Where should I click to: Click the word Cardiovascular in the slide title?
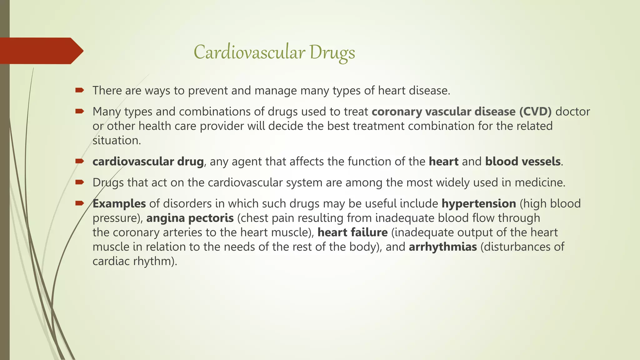tap(249, 52)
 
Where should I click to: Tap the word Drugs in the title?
tap(332, 53)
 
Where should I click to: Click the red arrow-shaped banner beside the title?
tap(41, 51)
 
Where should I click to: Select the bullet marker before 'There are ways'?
tap(80, 90)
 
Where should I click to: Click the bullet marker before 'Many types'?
tap(80, 111)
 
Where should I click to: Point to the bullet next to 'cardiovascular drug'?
tap(80, 161)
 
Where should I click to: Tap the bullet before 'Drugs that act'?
tap(80, 182)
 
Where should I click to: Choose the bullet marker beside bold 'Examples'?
tap(80, 203)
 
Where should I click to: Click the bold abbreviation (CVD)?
tap(535, 112)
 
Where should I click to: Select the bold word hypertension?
tap(478, 204)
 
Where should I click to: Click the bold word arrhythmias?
tap(442, 247)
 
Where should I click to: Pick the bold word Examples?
tap(119, 204)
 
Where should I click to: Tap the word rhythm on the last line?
tap(151, 261)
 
